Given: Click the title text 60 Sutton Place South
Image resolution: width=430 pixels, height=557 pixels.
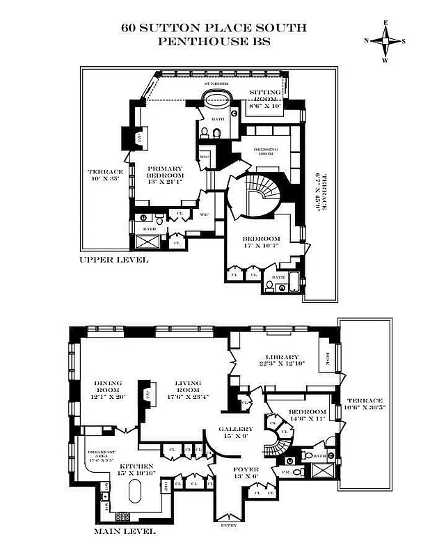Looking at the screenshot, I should point(214,29).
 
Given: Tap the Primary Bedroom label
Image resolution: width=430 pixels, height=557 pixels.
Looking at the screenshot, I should point(165,176).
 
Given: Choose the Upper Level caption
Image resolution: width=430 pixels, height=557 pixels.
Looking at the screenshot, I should point(113,260).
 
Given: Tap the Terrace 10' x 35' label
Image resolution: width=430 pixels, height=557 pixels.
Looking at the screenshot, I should point(105,176).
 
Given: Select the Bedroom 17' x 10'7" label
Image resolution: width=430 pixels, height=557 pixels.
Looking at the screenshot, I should point(262,242).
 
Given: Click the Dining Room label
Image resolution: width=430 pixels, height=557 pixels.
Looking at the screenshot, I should point(108,388).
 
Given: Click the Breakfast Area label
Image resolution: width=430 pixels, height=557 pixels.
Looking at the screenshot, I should point(100,455).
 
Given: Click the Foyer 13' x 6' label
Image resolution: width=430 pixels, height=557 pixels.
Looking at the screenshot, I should point(245,473).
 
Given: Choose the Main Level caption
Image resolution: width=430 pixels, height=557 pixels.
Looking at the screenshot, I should point(125,532).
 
